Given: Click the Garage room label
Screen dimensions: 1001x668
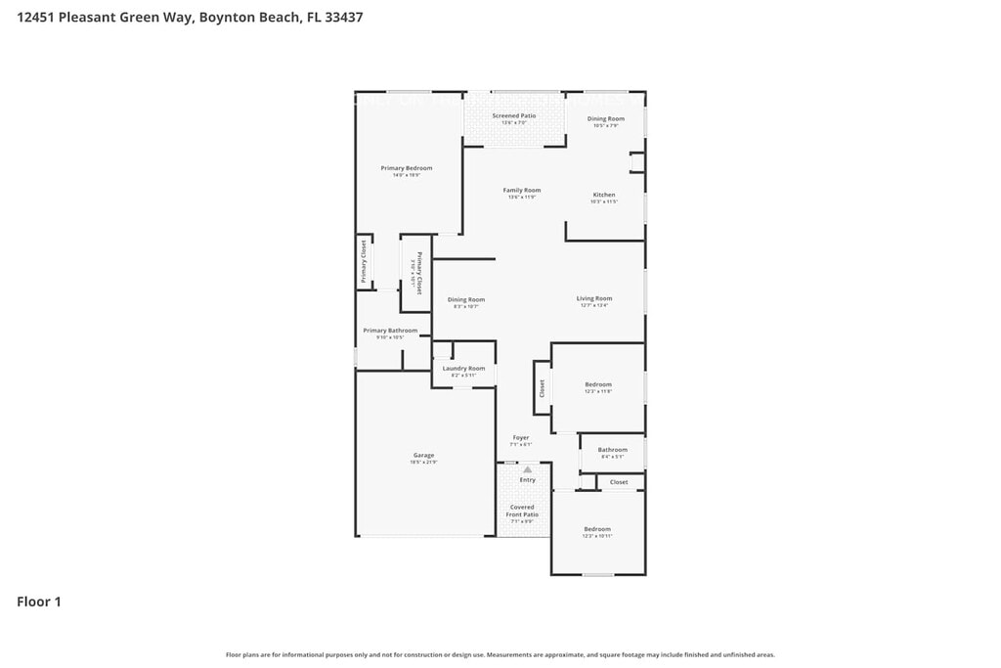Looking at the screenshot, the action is click(x=423, y=455).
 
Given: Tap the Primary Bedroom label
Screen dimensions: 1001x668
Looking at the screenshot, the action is click(x=407, y=168).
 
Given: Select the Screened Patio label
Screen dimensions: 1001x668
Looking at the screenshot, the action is click(x=514, y=115).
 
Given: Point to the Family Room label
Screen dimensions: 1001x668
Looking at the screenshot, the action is click(x=522, y=190).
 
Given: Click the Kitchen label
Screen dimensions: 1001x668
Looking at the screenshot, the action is click(x=604, y=195).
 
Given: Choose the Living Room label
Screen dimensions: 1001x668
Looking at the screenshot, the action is click(x=594, y=298).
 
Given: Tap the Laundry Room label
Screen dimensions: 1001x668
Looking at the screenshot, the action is click(x=463, y=369).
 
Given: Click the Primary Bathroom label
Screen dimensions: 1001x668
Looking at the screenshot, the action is click(x=390, y=331).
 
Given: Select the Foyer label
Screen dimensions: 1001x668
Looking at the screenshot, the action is click(x=521, y=437).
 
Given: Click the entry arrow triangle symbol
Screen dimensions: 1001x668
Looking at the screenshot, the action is click(x=527, y=469).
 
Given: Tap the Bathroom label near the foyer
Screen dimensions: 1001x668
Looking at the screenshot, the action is click(x=613, y=450).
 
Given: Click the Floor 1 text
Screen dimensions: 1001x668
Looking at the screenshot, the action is click(x=39, y=601).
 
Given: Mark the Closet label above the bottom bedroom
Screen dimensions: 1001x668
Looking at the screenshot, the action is click(x=619, y=482).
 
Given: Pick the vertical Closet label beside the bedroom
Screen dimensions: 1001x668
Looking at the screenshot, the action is click(x=542, y=388).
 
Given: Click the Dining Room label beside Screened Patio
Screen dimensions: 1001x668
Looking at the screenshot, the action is click(x=606, y=118).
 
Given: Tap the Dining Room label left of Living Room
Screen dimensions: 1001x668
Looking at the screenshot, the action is click(x=466, y=299).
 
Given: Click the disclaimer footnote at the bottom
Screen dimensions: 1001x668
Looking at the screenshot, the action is click(x=500, y=654).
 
